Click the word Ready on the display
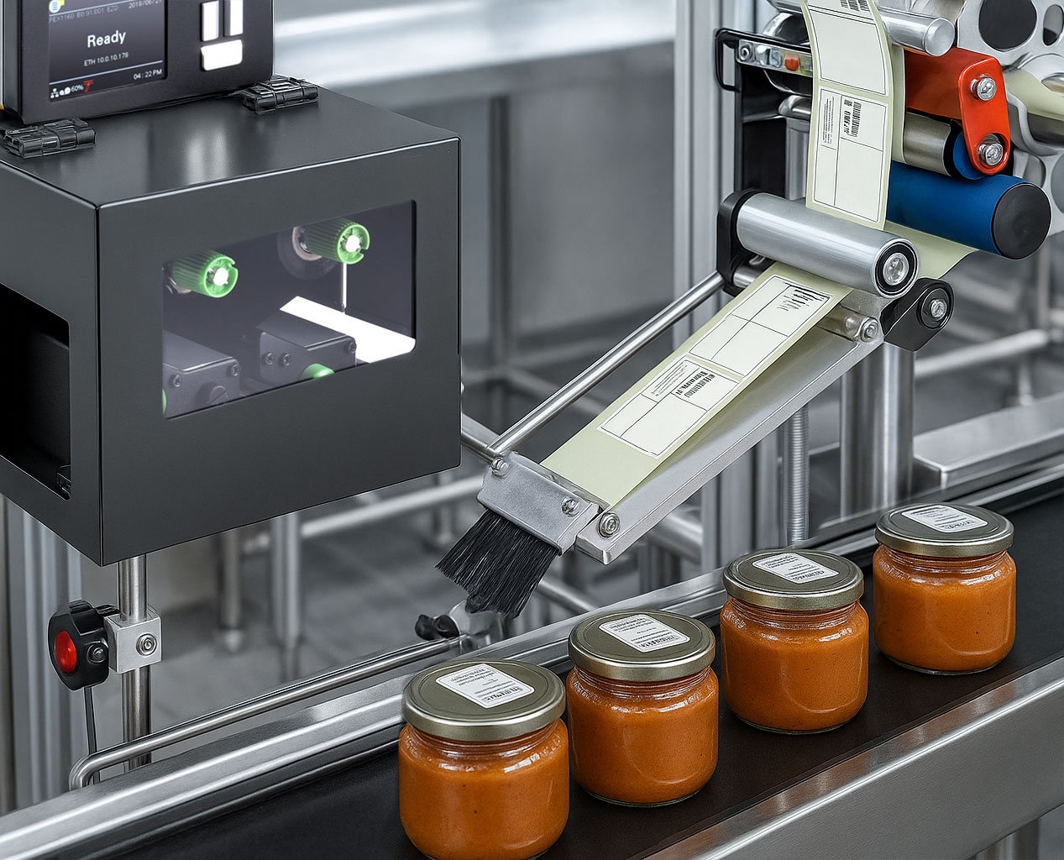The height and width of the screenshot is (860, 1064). [x=106, y=39]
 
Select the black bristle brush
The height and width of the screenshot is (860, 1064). [x=495, y=564]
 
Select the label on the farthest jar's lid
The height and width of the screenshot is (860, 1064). [x=945, y=518]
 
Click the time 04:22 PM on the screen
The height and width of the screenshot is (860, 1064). [x=148, y=74]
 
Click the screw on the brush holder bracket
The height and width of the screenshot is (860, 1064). [x=569, y=506]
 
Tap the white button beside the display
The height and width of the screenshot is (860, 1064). [x=222, y=55]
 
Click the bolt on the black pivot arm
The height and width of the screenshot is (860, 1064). [x=935, y=309]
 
